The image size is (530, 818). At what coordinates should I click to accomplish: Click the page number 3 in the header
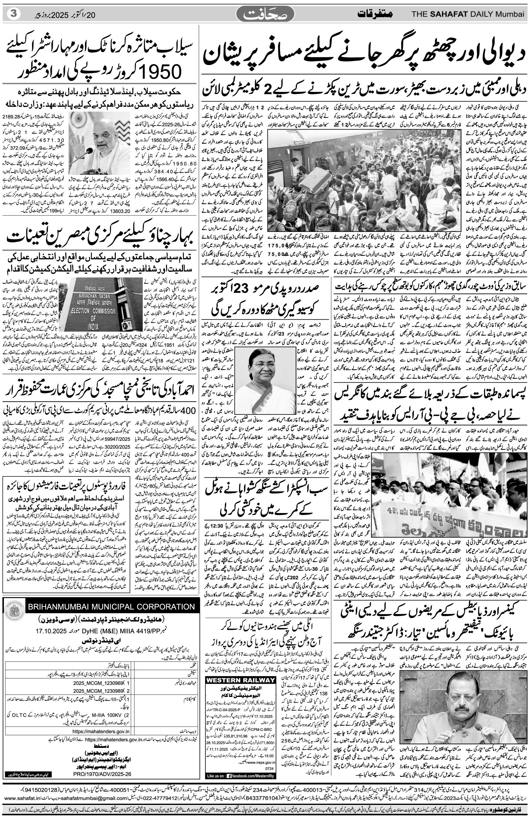13,14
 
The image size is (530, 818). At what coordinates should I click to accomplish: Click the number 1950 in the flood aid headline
156,71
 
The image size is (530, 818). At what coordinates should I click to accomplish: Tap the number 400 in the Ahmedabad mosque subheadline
186,411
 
